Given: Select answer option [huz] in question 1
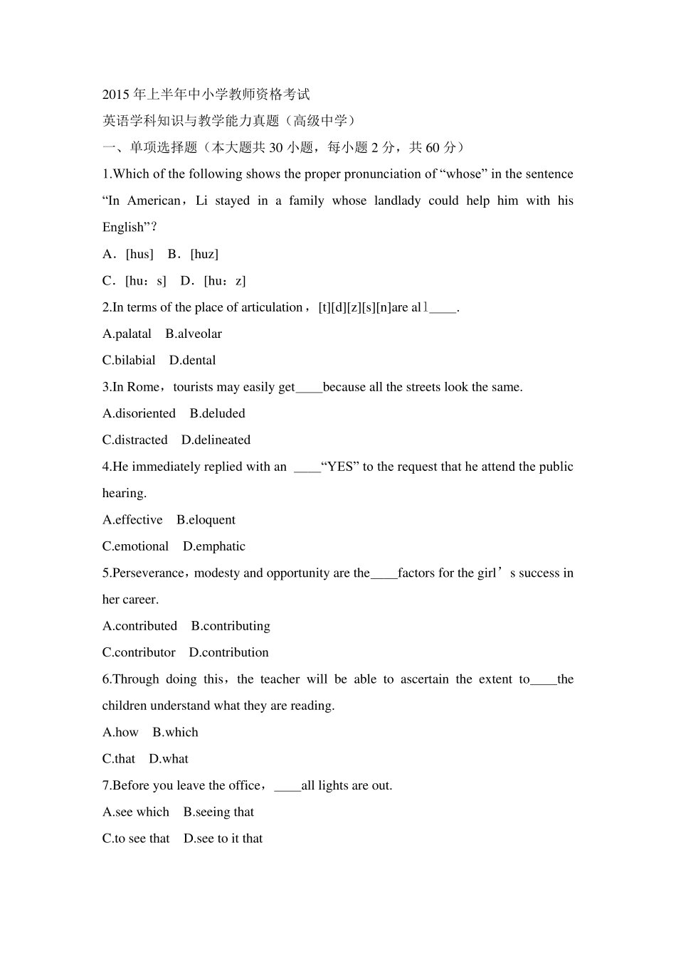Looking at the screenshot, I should (204, 254).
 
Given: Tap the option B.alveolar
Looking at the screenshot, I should (194, 334).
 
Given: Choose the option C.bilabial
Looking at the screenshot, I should (129, 360).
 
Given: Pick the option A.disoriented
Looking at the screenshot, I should (139, 413).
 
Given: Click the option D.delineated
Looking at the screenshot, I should (216, 440).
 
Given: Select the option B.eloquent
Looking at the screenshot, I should (206, 520).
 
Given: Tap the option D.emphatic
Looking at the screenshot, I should (213, 546).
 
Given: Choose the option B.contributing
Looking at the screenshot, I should (231, 626).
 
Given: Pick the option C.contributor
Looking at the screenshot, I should (139, 652).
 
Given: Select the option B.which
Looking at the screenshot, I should (175, 732).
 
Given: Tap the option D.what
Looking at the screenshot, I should (169, 759).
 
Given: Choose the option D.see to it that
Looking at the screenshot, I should (223, 839).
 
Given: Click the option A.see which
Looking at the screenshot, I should (136, 812).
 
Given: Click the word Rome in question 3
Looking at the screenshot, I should (143, 387).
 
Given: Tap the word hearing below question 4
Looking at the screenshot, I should (124, 493).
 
